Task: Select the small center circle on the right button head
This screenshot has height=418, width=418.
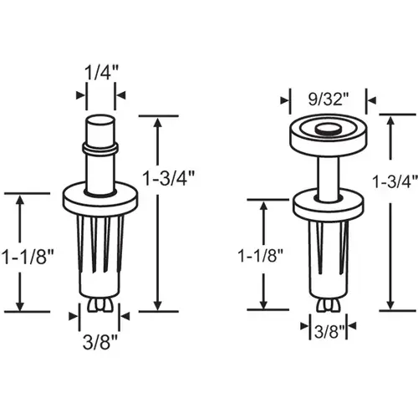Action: [x=326, y=129]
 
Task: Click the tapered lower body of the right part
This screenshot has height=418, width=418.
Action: [x=326, y=251]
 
